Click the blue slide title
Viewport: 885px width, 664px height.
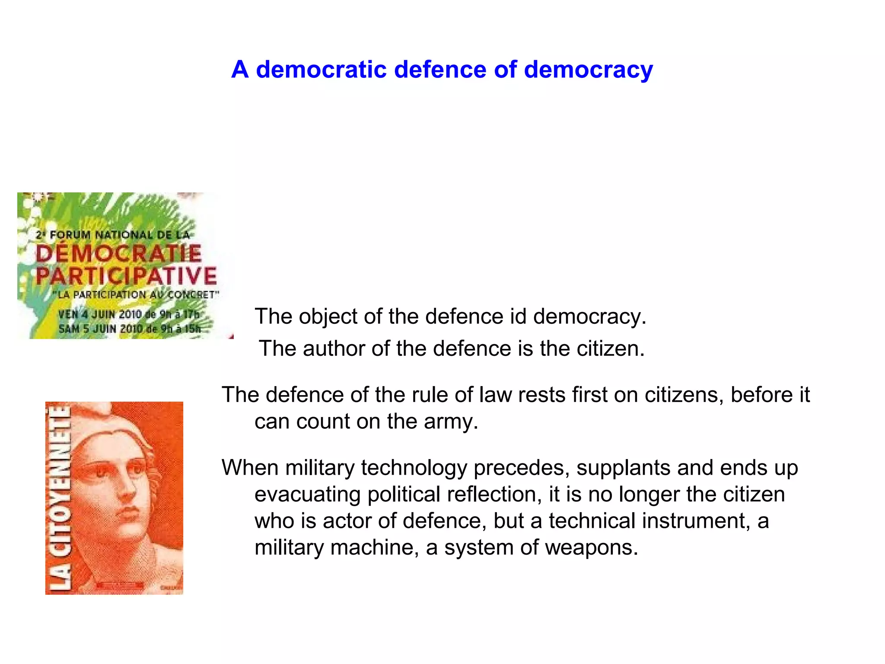(x=442, y=70)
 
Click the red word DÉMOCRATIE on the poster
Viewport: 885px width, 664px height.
(x=118, y=253)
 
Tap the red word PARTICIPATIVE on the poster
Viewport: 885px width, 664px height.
(x=126, y=276)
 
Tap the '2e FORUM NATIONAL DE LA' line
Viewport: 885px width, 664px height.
(x=113, y=235)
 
